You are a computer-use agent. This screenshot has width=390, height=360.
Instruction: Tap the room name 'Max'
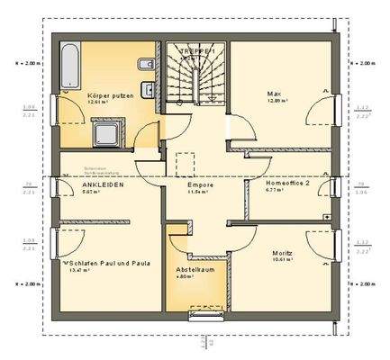(x=272, y=94)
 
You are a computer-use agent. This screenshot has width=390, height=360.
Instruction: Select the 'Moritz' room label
(x=283, y=255)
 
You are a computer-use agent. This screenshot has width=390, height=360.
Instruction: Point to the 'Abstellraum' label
(x=192, y=268)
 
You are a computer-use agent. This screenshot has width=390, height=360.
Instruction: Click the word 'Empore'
(x=201, y=184)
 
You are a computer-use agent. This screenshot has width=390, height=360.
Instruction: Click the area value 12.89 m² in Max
(x=276, y=102)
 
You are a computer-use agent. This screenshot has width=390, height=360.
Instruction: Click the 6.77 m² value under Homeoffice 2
(x=276, y=191)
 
